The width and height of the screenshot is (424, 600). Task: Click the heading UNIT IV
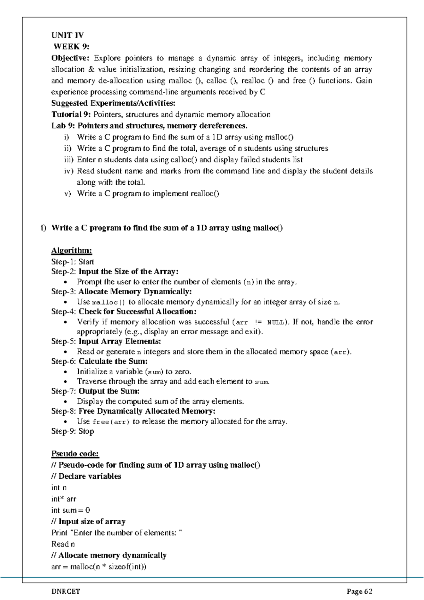(x=67, y=35)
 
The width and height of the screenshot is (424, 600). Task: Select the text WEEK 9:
(x=71, y=47)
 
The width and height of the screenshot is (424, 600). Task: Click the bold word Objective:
(x=71, y=58)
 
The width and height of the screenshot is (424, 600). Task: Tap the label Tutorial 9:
(x=71, y=115)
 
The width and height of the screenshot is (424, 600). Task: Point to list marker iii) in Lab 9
(x=69, y=160)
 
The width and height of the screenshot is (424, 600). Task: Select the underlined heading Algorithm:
(x=72, y=251)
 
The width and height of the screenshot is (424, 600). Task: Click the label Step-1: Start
(x=72, y=262)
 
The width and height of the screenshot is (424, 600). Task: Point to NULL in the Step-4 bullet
(x=275, y=322)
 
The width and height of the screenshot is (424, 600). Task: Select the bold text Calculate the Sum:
(x=113, y=362)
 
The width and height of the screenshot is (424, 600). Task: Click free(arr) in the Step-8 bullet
(x=111, y=422)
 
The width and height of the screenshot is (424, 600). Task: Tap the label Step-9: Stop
(x=72, y=431)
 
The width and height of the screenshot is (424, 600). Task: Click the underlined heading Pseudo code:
(x=75, y=454)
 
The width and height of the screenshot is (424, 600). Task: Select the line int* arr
(x=64, y=499)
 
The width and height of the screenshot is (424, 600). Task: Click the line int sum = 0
(x=71, y=510)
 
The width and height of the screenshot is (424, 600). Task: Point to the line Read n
(x=63, y=544)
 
